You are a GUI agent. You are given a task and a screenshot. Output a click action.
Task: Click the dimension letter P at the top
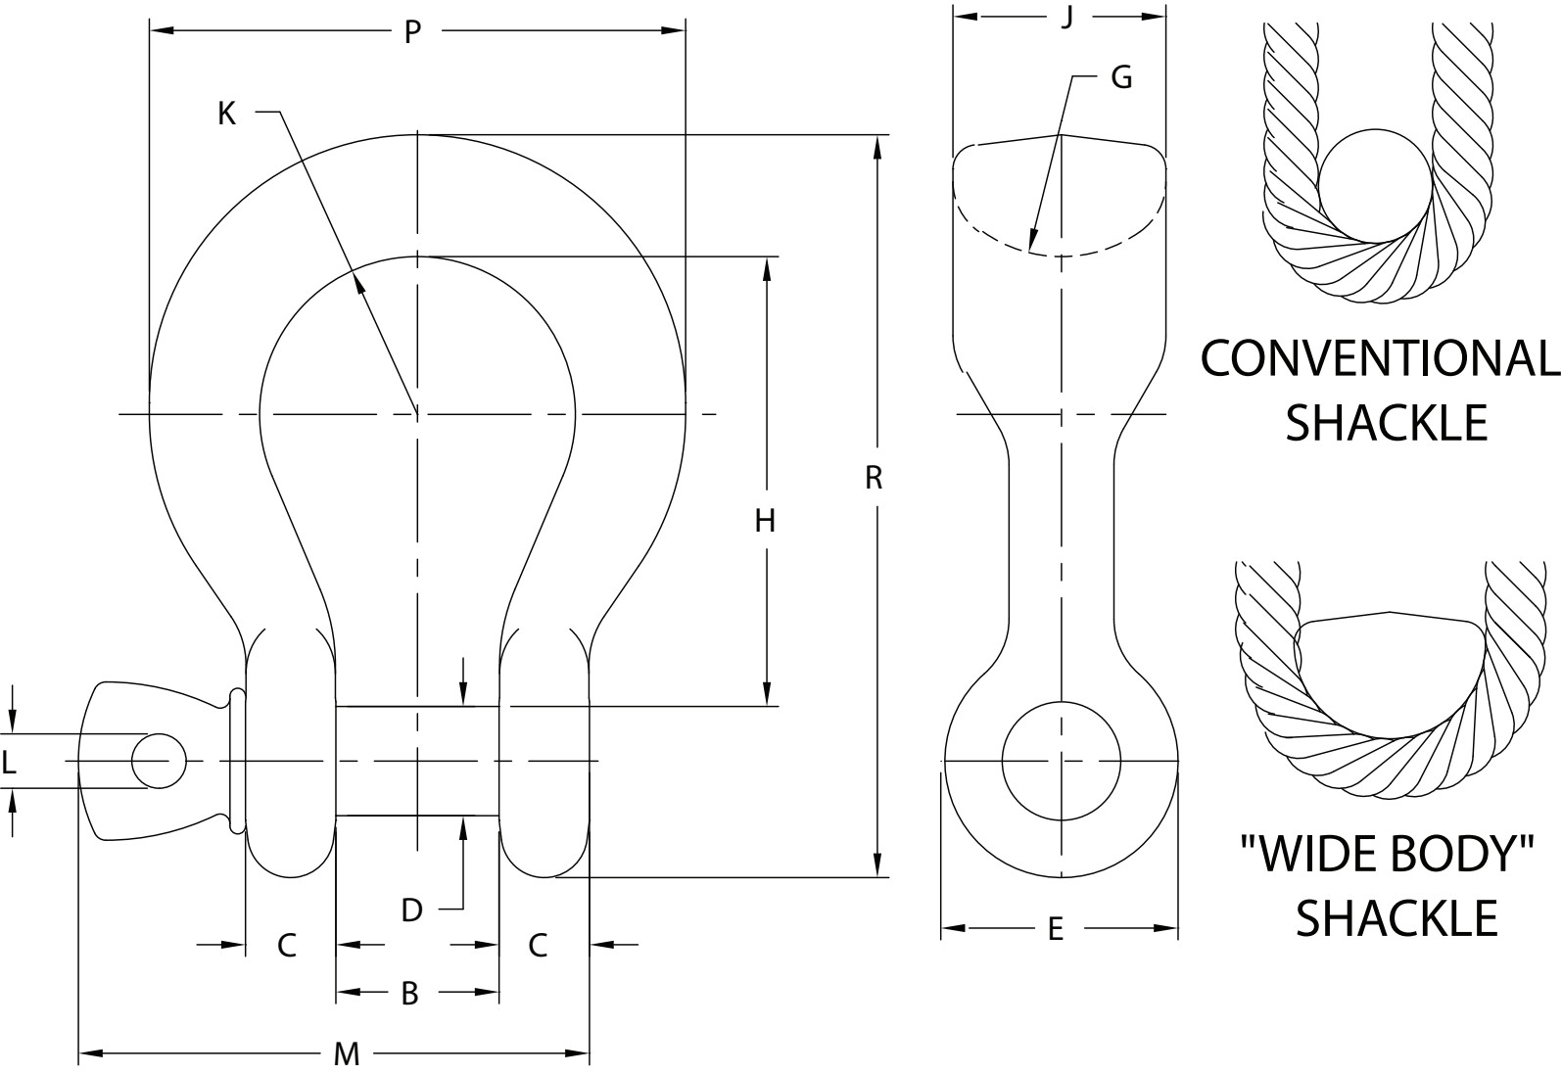412,32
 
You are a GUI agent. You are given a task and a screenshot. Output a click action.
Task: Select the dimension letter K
226,114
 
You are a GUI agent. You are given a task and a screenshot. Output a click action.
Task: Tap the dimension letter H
765,521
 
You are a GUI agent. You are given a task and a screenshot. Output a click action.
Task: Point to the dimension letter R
875,478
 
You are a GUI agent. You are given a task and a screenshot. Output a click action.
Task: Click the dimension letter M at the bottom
347,1054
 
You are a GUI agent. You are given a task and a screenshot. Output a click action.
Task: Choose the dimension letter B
410,994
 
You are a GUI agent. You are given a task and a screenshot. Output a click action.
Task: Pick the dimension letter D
411,911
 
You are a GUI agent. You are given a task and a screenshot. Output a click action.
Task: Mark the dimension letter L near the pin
10,762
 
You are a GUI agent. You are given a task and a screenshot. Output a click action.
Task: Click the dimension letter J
1068,17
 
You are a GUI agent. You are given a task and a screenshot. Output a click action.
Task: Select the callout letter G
1122,77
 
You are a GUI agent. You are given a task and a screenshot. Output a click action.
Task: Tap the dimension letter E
1055,929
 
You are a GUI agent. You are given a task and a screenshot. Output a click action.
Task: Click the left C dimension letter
287,946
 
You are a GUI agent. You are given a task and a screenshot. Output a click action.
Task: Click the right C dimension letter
538,946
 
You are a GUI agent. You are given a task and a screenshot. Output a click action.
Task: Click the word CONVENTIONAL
1379,359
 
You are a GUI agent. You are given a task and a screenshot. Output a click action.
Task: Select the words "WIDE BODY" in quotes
1387,855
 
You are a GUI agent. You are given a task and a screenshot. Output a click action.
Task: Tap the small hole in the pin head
159,762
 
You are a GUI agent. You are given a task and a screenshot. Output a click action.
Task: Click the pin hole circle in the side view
1062,761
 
